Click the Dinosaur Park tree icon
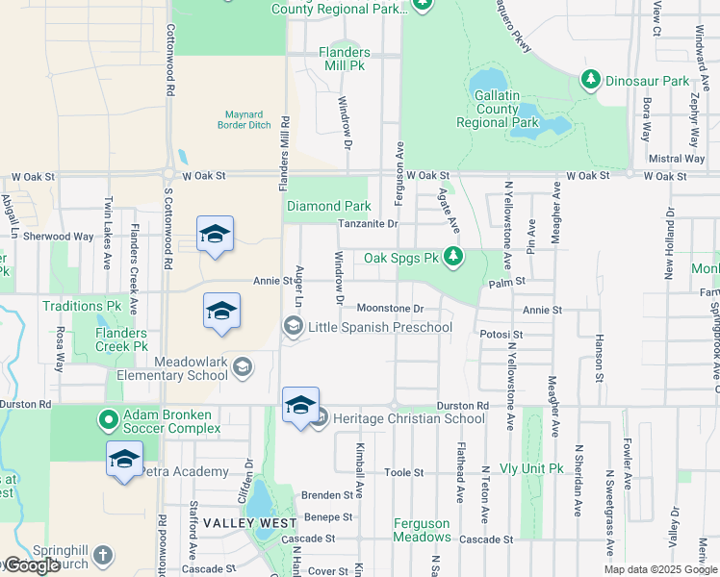tap(591, 82)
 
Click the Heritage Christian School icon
tap(321, 418)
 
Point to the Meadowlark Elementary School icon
tap(243, 365)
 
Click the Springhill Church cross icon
tap(102, 556)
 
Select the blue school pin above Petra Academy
tap(125, 460)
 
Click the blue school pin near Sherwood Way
tap(216, 234)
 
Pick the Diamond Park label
tap(328, 206)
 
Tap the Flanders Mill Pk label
tap(344, 59)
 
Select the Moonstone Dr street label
tap(390, 309)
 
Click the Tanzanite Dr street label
tap(367, 224)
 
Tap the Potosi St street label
tap(501, 335)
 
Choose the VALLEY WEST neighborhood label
tap(236, 523)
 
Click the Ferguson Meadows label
tap(422, 531)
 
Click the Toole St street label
tap(404, 473)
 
